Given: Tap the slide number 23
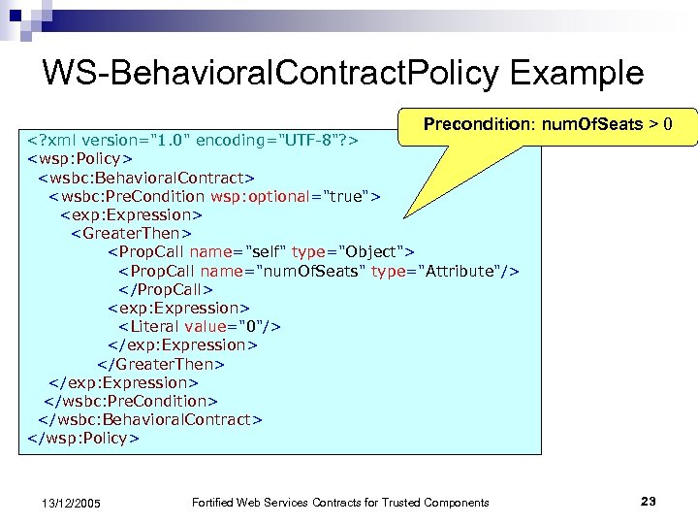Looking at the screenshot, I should (x=649, y=501).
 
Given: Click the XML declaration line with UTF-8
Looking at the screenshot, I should (x=193, y=141).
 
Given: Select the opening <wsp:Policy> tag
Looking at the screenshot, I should (x=80, y=159).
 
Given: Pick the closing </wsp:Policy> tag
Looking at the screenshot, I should (x=83, y=438).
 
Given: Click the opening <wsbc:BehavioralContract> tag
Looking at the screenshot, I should (x=145, y=178).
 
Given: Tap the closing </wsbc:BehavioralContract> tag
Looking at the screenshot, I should (x=149, y=419).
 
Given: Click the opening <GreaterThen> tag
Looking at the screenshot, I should (x=131, y=233).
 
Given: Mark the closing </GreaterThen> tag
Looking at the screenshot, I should (x=161, y=364).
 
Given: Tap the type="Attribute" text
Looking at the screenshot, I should (x=442, y=271).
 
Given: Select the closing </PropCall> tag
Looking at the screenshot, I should (x=165, y=289).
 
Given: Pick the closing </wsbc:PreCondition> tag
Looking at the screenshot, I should (x=132, y=401).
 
